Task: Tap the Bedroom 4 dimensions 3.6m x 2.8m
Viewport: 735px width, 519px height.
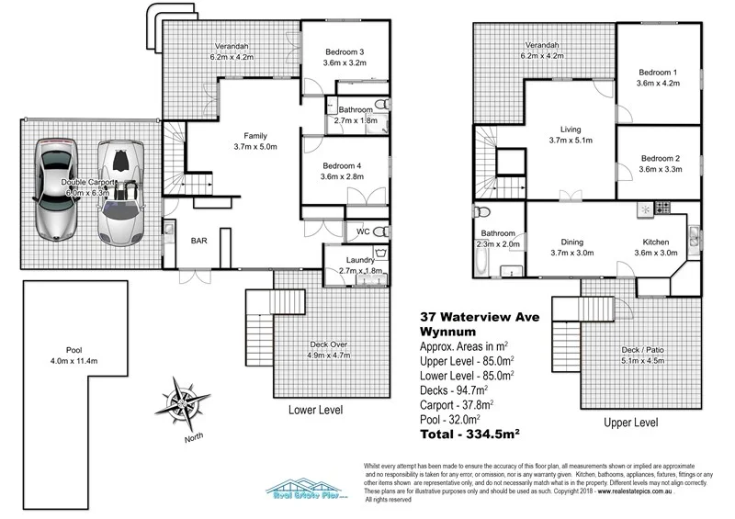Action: (x=344, y=176)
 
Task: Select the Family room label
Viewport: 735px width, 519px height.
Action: (x=255, y=135)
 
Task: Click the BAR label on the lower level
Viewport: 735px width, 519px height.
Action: (x=198, y=241)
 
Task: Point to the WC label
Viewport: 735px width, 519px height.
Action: (x=362, y=232)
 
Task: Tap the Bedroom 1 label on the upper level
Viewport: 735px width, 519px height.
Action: (x=657, y=73)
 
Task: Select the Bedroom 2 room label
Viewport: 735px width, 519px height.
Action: (x=661, y=157)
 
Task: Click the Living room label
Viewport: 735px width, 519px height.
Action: (x=571, y=130)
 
